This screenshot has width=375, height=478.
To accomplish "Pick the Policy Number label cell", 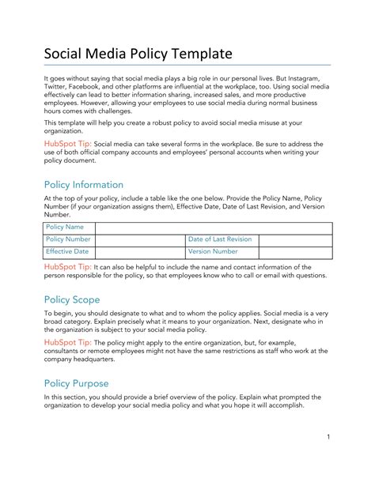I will pyautogui.click(x=68, y=239).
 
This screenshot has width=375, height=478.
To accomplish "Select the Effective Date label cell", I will pyautogui.click(x=67, y=251).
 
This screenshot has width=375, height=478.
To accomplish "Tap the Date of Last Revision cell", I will pyautogui.click(x=220, y=239).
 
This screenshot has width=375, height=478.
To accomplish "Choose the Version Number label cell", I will pyautogui.click(x=213, y=251).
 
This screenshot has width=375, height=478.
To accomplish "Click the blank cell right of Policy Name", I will pyautogui.click(x=212, y=227).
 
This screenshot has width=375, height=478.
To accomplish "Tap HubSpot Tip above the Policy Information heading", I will pyautogui.click(x=67, y=145).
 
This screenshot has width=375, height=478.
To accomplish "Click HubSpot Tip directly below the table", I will pyautogui.click(x=67, y=267).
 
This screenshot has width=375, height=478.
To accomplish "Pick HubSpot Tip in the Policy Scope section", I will pyautogui.click(x=67, y=342).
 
